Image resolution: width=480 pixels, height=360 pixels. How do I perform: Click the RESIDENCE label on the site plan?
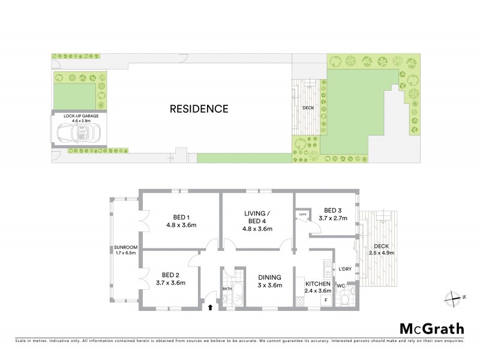199,109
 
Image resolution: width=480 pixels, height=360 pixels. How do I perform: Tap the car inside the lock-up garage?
77,132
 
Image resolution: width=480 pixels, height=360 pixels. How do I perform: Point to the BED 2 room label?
168,278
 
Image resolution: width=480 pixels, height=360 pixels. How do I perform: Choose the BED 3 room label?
332,214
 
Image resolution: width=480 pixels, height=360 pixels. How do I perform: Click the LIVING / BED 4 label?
257,221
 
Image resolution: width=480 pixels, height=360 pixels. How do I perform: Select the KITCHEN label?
318,287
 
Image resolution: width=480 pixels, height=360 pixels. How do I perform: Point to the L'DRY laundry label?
344,269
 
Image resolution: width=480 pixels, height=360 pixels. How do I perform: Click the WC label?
340,286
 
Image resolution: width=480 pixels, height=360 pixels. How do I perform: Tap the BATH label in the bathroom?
227,289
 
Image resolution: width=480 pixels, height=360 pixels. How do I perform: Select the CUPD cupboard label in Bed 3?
302,214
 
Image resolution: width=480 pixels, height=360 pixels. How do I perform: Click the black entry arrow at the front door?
210,308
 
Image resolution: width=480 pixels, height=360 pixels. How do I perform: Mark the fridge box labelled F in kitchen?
326,299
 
